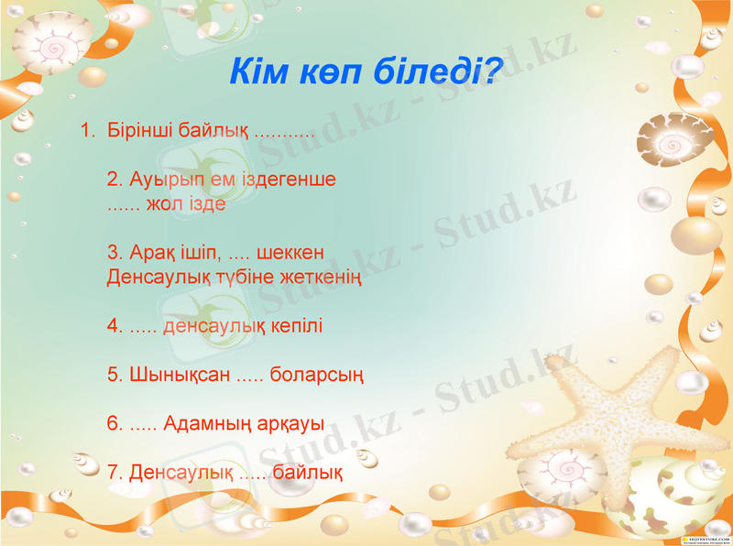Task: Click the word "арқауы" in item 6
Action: click(293, 424)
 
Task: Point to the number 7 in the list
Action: click(113, 473)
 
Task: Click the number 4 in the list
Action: click(113, 326)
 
